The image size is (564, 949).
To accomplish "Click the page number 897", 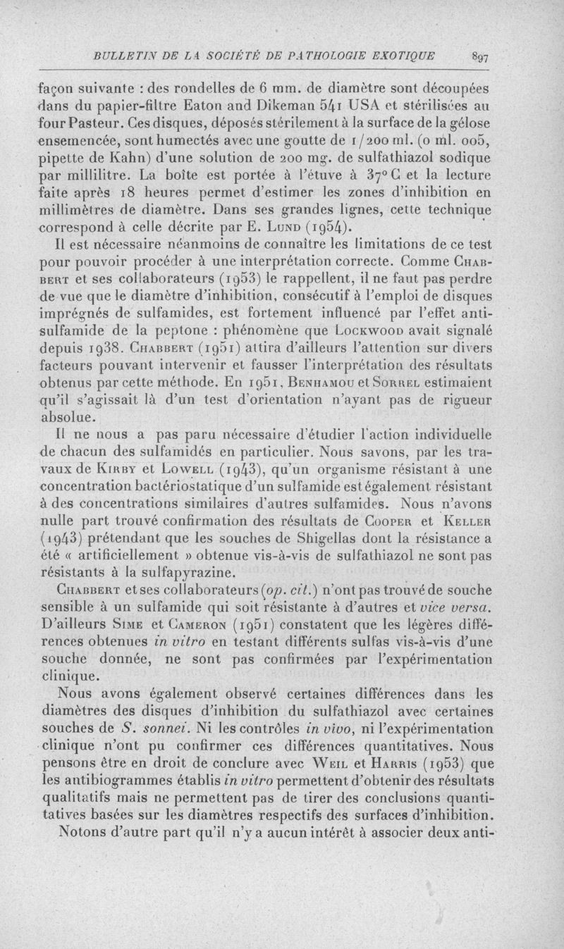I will click(482, 58).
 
